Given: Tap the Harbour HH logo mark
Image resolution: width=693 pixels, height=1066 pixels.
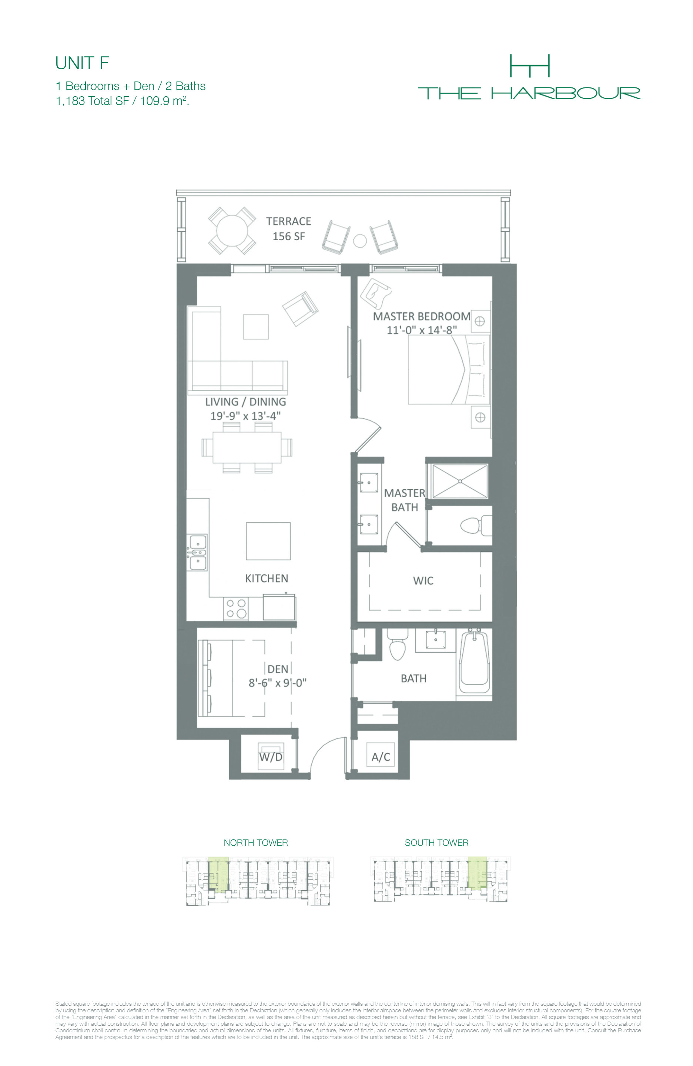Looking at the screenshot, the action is tap(529, 66).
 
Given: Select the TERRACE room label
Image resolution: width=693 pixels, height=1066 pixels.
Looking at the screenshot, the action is tap(288, 221).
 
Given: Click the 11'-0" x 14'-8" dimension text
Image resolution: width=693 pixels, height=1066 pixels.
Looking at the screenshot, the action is tap(422, 330).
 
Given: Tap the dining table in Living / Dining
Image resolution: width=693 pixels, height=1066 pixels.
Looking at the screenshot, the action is tap(247, 447).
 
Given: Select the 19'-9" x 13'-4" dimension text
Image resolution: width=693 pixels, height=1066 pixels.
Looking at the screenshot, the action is tap(245, 416).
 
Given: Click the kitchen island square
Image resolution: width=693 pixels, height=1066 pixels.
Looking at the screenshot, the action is tap(268, 541).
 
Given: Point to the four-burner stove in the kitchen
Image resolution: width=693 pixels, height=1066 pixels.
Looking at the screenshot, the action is tap(236, 608).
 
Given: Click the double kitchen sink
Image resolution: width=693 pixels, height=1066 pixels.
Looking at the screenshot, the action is tap(197, 552).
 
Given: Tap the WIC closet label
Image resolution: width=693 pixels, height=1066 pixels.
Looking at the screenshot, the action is tap(423, 580).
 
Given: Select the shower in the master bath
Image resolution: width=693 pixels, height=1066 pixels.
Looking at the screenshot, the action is tap(460, 481).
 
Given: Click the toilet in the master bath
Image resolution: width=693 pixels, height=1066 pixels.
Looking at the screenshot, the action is tap(476, 525).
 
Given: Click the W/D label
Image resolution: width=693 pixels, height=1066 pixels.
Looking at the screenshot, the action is tap(271, 757).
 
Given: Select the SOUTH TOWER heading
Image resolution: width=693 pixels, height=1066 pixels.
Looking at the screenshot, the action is tap(436, 842).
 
